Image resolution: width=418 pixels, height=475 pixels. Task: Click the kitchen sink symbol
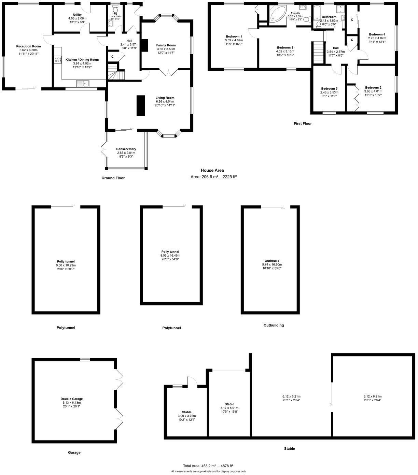coord(83,83)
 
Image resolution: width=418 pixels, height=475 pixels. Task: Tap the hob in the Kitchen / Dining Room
coord(57,60)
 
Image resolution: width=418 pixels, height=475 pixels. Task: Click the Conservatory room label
coord(126,149)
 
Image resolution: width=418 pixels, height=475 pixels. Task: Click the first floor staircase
coord(318,52)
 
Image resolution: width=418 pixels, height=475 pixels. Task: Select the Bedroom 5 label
coord(329,88)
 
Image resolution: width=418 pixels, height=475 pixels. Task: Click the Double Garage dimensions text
coord(71,403)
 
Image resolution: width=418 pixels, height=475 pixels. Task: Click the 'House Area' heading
coord(212,170)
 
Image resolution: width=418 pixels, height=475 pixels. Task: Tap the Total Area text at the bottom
coord(208,466)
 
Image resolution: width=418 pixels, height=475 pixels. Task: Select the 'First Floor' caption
coord(303,124)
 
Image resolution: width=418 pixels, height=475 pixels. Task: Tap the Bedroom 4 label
coord(377,34)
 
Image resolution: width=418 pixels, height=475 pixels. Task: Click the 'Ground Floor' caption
coord(113,178)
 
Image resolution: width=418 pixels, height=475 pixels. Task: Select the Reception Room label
coord(28,46)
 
